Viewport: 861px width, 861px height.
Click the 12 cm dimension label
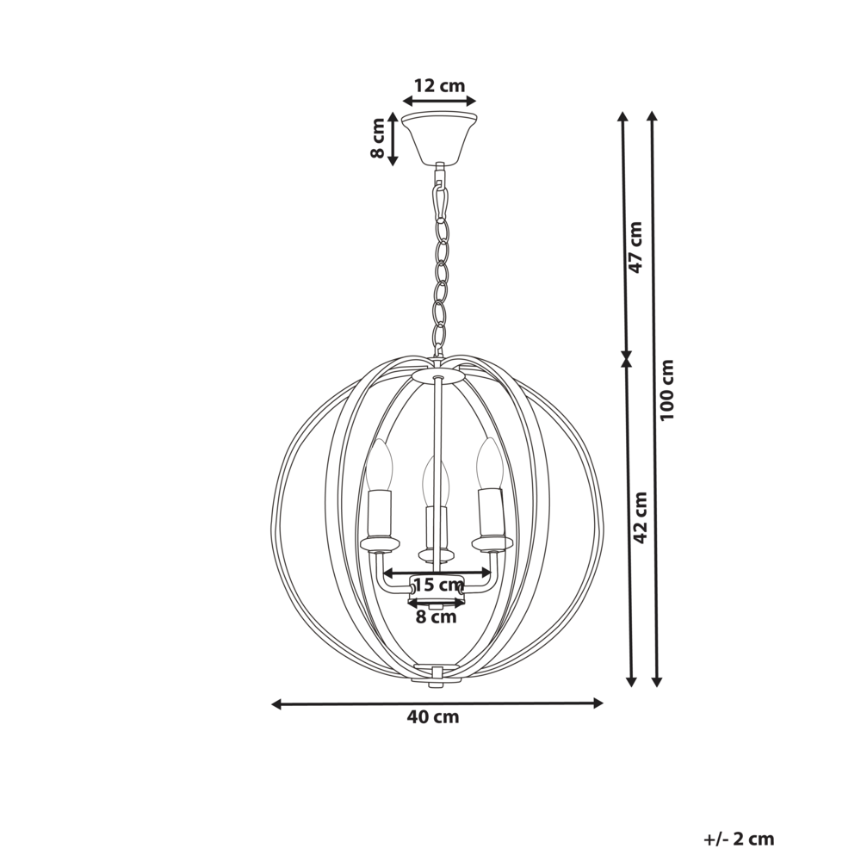click(x=439, y=85)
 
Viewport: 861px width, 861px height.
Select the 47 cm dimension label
click(x=635, y=247)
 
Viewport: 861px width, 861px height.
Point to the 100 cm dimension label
click(x=667, y=389)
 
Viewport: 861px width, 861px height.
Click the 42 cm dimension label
click(x=639, y=517)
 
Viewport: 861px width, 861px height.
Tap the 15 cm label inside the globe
click(x=437, y=585)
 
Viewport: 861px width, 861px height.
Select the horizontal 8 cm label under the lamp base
click(x=437, y=616)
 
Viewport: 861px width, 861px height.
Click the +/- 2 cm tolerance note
click(x=739, y=839)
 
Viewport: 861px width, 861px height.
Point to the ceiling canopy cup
click(x=439, y=135)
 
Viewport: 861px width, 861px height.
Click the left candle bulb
click(x=379, y=465)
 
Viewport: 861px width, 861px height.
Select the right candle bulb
click(x=490, y=463)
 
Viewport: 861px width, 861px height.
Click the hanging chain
click(x=441, y=267)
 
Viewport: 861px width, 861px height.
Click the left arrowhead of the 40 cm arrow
click(x=276, y=704)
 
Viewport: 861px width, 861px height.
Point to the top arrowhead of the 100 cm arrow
click(x=653, y=116)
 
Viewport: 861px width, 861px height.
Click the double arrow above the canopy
click(x=439, y=102)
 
